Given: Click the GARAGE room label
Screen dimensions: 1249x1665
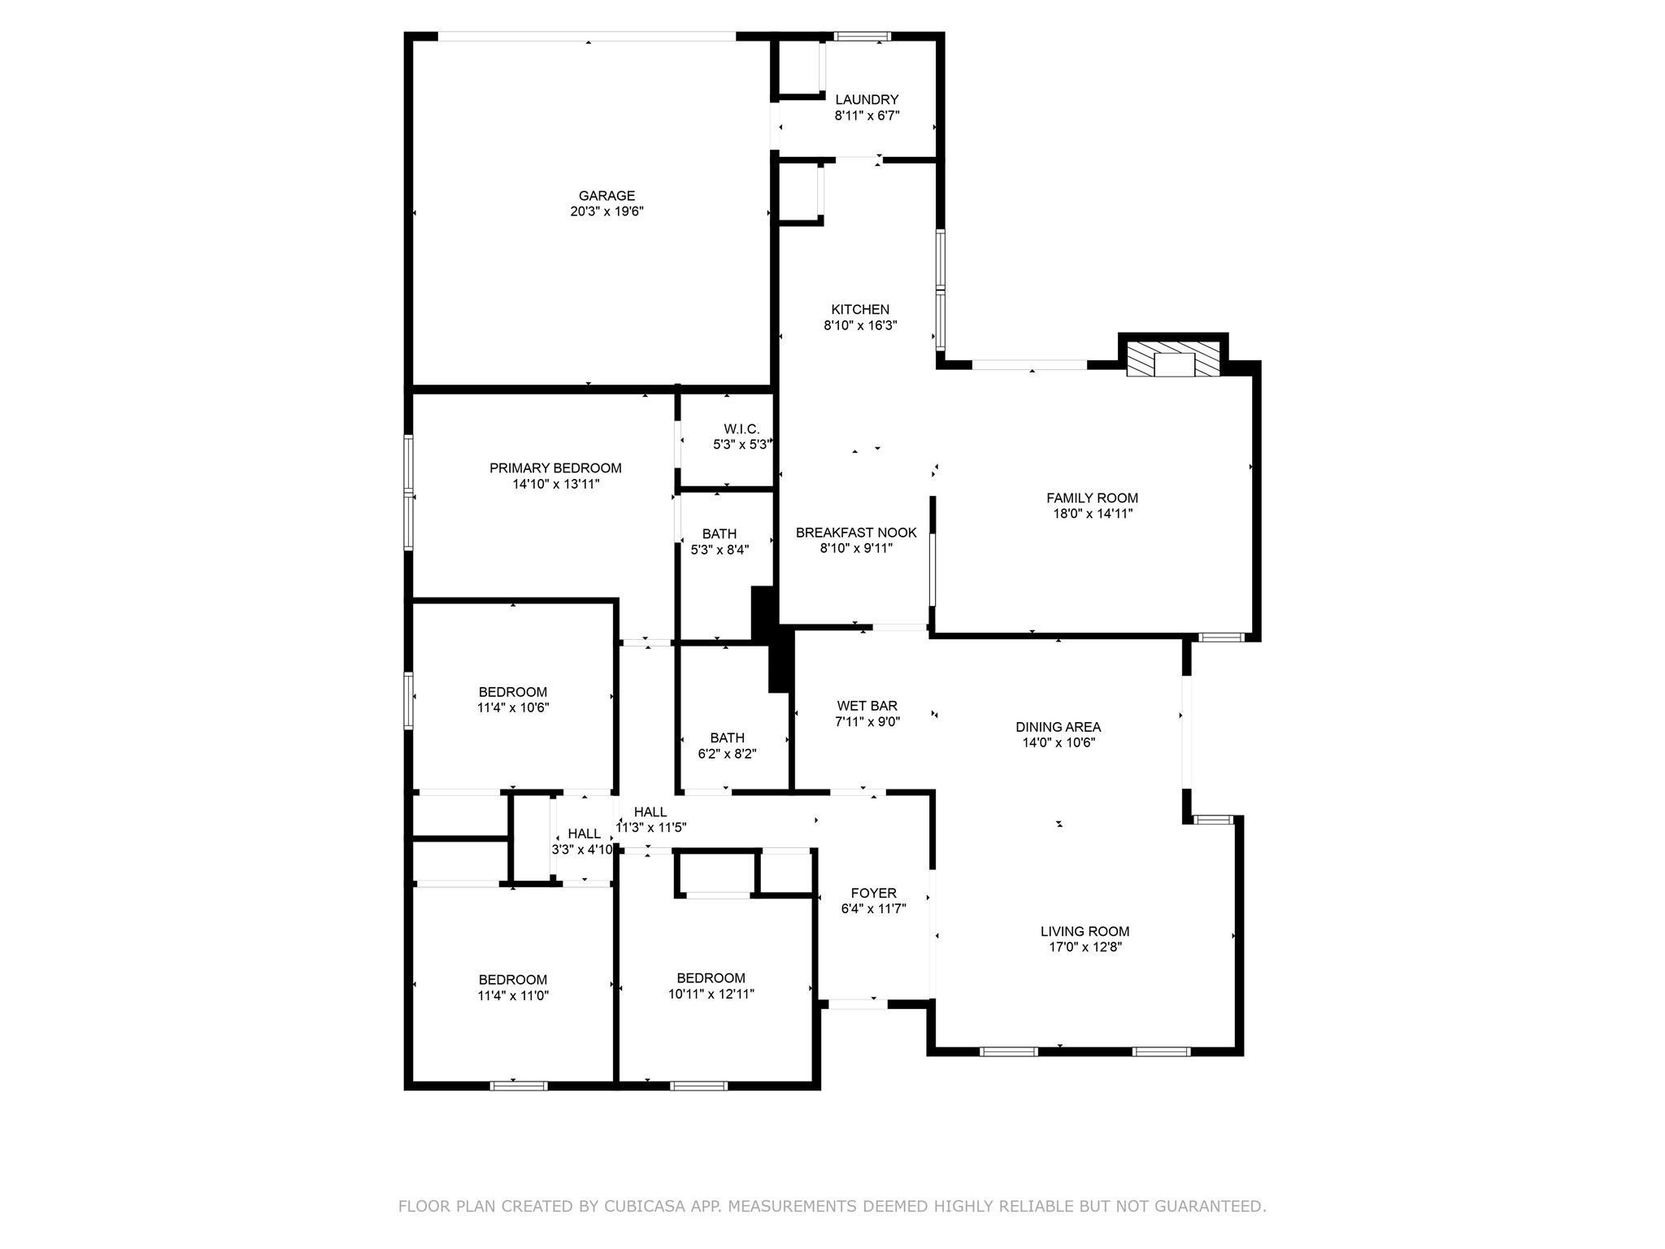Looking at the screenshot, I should pos(606,196).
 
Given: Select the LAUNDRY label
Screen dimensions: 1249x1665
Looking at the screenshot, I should pos(867,100).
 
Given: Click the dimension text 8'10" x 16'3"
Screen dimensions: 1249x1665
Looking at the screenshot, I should pos(860,325).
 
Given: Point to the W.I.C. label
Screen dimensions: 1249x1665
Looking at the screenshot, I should pos(741,429).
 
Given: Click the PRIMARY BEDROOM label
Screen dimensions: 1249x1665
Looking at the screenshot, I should pos(555,468).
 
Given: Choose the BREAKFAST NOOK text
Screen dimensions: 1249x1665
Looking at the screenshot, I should pos(856,533).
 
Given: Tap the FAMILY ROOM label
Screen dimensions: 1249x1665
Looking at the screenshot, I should pos(1092,498).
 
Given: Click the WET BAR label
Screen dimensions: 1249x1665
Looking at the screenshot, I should pos(867,706).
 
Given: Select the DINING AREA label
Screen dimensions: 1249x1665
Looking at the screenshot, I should pos(1058,727).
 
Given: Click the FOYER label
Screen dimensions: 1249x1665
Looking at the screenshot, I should pos(873,893).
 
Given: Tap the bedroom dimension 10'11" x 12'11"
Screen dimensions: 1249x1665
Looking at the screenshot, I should pos(711,994).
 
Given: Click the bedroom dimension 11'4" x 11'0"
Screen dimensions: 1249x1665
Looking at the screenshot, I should pos(513,995).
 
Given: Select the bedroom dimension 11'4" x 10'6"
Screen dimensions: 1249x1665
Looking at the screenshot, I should pos(513,708).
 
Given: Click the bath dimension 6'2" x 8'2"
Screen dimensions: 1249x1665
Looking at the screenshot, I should pos(727,754).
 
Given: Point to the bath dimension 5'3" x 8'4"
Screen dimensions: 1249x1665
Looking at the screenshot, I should pos(719,550).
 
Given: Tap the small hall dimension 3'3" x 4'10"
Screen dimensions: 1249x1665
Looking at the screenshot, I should pos(583,850).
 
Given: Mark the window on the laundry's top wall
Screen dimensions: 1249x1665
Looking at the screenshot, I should pos(863,36).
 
